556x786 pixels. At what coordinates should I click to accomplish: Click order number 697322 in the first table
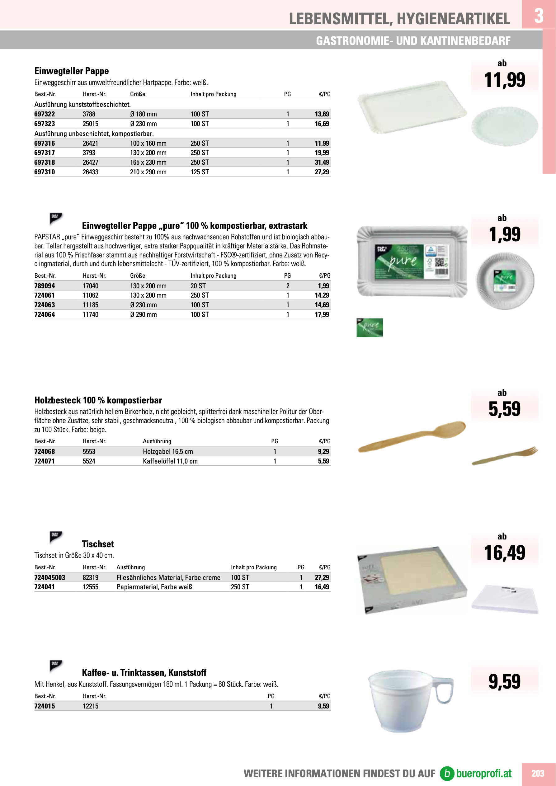[45, 114]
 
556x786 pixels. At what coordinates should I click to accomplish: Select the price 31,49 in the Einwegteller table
[322, 162]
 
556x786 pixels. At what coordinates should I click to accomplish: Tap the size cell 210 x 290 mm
[148, 172]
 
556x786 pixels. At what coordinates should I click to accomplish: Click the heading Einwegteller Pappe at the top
[72, 71]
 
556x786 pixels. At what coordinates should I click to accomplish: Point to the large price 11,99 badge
[504, 80]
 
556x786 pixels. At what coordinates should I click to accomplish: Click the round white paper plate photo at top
[504, 126]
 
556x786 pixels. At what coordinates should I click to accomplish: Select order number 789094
[45, 286]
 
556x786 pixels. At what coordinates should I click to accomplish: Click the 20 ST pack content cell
[198, 286]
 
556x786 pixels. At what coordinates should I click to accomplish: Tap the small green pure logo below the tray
[370, 327]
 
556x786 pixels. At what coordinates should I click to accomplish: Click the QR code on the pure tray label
[439, 262]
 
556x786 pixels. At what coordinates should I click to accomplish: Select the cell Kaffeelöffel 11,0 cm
[170, 461]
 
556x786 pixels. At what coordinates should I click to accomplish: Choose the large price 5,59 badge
[504, 409]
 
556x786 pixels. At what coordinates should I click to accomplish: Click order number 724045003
[49, 577]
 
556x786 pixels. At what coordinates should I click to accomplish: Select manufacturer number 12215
[90, 706]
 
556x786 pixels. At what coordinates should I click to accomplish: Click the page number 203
[538, 773]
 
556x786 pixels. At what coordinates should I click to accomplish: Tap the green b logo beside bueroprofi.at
[447, 773]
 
